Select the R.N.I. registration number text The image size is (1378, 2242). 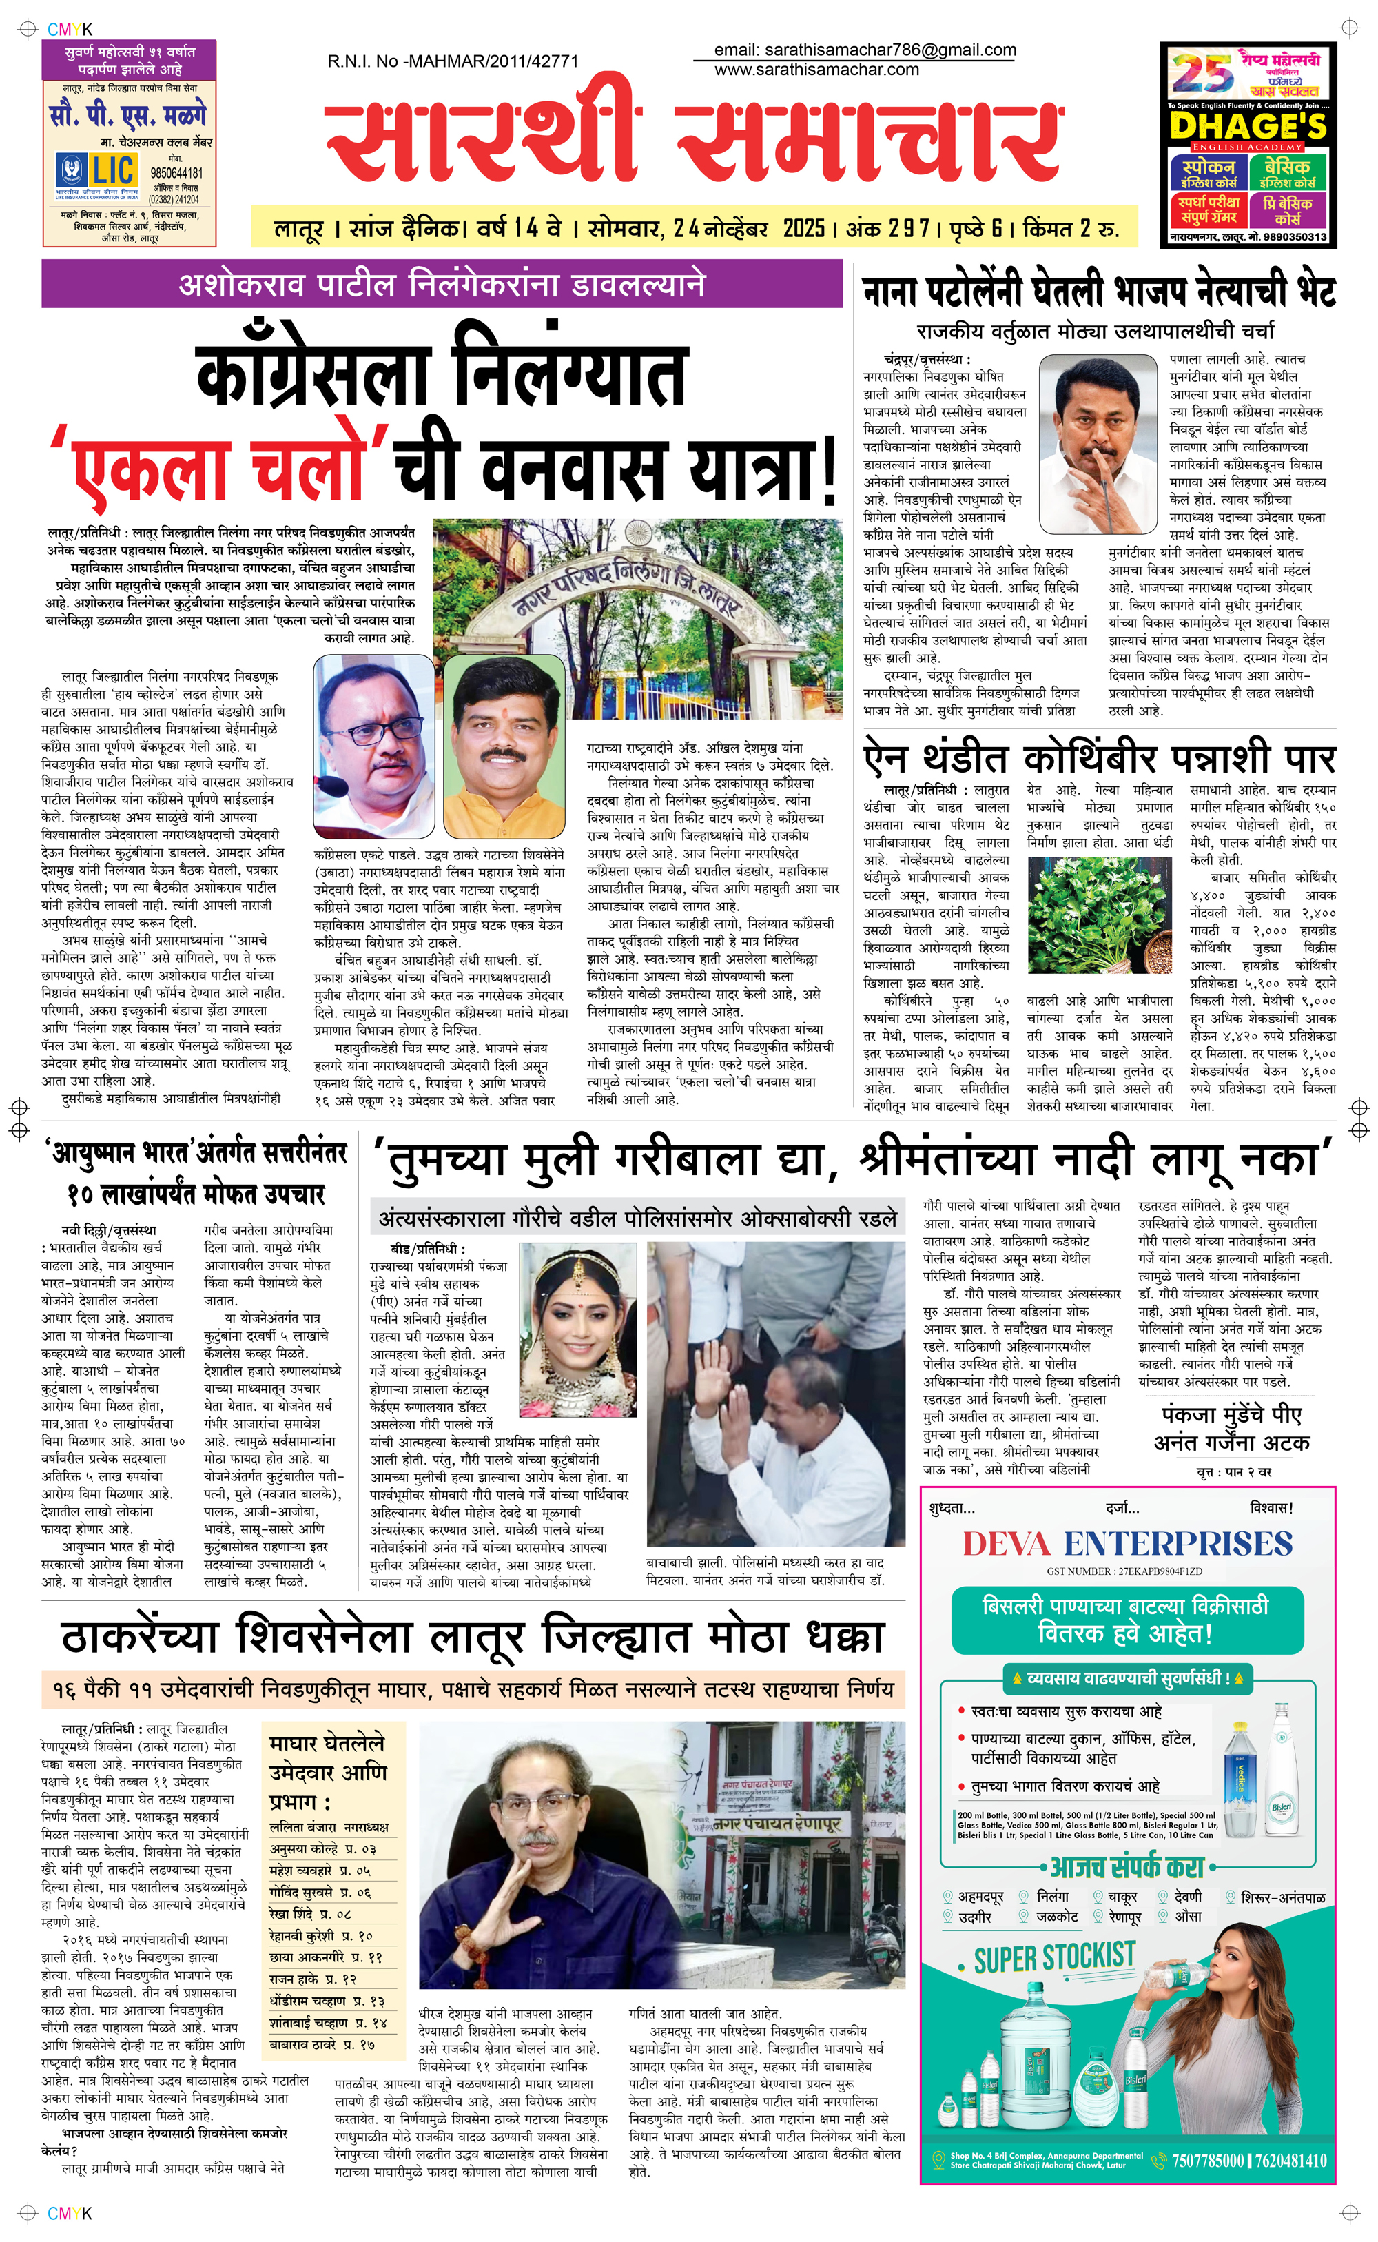453,61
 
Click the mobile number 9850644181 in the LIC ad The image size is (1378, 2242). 176,173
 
